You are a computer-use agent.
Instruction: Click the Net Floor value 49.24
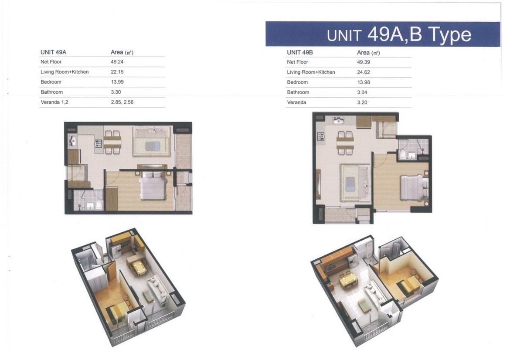coord(117,62)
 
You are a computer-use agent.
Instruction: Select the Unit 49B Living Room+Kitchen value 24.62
coord(363,72)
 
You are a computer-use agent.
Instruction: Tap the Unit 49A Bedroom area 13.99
coord(117,82)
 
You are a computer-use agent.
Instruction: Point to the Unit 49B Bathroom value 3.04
coord(362,92)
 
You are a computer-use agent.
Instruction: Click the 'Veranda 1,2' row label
coord(54,102)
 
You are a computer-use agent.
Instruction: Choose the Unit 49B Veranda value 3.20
coord(362,102)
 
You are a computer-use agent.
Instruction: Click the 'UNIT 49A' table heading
coord(53,52)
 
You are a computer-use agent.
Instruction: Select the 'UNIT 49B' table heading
coord(300,52)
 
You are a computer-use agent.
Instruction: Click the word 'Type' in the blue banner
coord(450,34)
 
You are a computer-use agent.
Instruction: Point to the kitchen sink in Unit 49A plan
coord(72,141)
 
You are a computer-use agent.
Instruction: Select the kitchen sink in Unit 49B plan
coord(338,120)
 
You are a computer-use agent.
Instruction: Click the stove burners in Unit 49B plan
coord(320,136)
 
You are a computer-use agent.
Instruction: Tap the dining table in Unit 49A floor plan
coord(112,142)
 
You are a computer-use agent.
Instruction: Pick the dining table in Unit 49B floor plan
coord(345,143)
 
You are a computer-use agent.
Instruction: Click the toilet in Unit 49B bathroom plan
coord(403,154)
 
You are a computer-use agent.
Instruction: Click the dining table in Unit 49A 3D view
coord(138,268)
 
